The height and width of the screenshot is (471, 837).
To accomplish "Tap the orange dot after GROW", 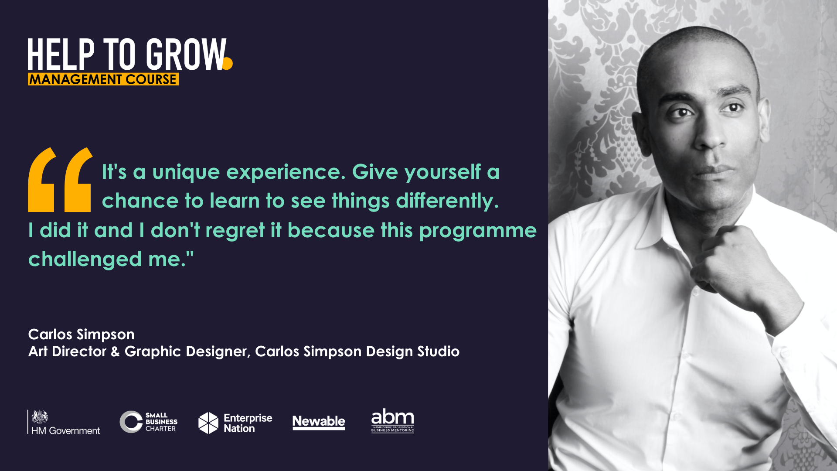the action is point(227,64).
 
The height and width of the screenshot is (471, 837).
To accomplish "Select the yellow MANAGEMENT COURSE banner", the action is point(103,79).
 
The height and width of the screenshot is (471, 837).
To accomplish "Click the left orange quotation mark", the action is point(42,180).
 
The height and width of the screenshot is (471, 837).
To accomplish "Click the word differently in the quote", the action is point(447,201).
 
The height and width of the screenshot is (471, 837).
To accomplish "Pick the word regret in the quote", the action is point(235,231).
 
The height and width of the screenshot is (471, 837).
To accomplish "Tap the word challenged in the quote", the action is point(85,259).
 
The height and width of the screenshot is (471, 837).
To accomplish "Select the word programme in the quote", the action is point(478,231).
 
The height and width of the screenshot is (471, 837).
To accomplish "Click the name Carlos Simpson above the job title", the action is point(82,334).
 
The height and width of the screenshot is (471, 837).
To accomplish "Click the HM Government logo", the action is point(64,422).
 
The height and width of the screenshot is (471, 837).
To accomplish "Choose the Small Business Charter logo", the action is point(149,422).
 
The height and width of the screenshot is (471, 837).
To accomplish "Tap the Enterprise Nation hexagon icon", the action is point(208,423).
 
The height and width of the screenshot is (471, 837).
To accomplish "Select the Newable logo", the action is point(319,422).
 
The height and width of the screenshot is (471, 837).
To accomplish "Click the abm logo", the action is point(392,420).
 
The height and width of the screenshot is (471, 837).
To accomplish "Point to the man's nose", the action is point(711,131).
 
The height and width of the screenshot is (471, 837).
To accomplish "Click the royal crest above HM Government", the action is point(40,416).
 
